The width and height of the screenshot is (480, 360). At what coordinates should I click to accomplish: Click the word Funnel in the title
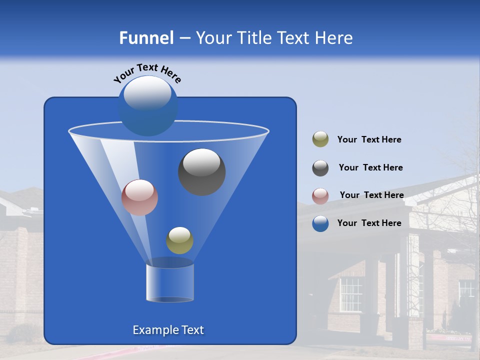pyautogui.click(x=146, y=38)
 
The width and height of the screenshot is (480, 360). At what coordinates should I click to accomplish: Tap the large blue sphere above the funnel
pyautogui.click(x=148, y=105)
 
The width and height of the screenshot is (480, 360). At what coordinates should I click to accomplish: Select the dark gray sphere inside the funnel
pyautogui.click(x=202, y=171)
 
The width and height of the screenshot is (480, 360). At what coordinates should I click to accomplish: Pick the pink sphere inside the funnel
pyautogui.click(x=139, y=197)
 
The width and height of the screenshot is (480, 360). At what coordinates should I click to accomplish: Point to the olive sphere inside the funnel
pyautogui.click(x=179, y=240)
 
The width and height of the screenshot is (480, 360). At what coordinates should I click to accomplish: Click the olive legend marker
pyautogui.click(x=320, y=139)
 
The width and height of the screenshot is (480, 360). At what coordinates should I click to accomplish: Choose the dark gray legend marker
pyautogui.click(x=320, y=168)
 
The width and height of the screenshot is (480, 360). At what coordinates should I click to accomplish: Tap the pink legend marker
pyautogui.click(x=320, y=196)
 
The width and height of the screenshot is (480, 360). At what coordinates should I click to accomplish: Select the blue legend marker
pyautogui.click(x=320, y=223)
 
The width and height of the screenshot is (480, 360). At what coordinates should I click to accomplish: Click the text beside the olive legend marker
pyautogui.click(x=369, y=139)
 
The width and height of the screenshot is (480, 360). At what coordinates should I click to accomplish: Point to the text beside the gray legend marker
pyautogui.click(x=370, y=167)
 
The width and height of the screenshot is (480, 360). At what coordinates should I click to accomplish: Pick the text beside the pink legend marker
pyautogui.click(x=371, y=195)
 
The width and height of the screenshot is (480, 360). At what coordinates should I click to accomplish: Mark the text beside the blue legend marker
pyautogui.click(x=369, y=223)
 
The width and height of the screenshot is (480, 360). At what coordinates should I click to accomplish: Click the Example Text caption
pyautogui.click(x=168, y=330)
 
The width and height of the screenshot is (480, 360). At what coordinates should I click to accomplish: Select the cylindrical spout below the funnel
pyautogui.click(x=170, y=282)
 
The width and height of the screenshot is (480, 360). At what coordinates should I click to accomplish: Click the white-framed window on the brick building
pyautogui.click(x=351, y=294)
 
